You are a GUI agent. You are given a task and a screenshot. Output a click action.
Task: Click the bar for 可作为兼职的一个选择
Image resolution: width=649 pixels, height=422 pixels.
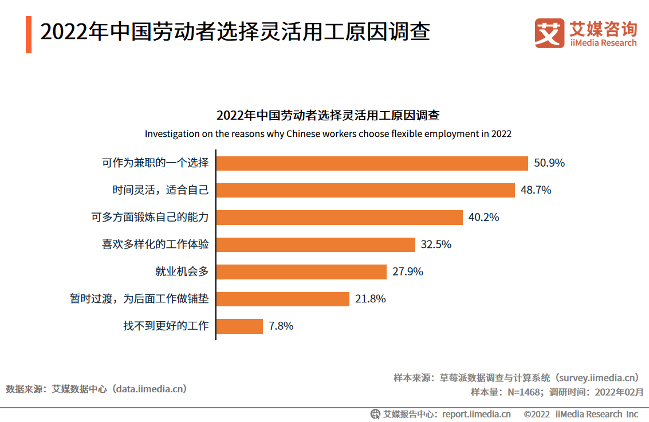pyautogui.click(x=372, y=163)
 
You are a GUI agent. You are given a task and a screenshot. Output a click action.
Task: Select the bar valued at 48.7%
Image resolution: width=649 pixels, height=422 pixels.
pyautogui.click(x=365, y=190)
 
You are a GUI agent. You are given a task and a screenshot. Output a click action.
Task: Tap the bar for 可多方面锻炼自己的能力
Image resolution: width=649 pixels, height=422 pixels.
pyautogui.click(x=339, y=218)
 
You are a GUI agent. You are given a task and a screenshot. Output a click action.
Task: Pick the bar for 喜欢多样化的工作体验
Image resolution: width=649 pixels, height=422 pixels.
pyautogui.click(x=316, y=244)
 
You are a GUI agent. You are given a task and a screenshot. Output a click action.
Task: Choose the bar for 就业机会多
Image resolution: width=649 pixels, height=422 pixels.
pyautogui.click(x=301, y=271)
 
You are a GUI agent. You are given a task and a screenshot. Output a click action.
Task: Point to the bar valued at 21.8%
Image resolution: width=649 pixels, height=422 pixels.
pyautogui.click(x=283, y=299)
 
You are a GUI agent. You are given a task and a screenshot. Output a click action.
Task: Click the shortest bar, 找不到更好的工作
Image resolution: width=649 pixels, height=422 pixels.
pyautogui.click(x=239, y=326)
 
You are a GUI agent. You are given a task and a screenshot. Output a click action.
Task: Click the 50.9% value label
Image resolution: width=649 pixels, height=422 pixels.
pyautogui.click(x=549, y=163)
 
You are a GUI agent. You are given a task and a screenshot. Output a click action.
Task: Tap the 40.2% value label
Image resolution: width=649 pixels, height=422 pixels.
pyautogui.click(x=484, y=218)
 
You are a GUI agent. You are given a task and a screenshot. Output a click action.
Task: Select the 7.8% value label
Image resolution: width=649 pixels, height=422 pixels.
pyautogui.click(x=281, y=326)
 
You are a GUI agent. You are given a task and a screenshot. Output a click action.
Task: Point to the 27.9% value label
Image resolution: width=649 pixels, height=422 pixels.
pyautogui.click(x=408, y=271)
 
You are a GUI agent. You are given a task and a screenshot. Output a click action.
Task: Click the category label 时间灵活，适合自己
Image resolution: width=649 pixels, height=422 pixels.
pyautogui.click(x=160, y=190)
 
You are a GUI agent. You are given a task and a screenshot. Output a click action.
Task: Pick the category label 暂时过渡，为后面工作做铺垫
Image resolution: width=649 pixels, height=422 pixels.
pyautogui.click(x=139, y=299)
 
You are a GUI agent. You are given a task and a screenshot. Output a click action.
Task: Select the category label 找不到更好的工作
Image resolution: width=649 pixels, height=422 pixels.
pyautogui.click(x=166, y=326)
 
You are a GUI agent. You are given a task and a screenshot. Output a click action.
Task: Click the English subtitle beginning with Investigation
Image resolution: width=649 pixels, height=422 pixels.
pyautogui.click(x=328, y=134)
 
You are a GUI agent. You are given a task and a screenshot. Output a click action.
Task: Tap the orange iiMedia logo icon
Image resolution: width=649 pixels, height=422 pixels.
pyautogui.click(x=549, y=33)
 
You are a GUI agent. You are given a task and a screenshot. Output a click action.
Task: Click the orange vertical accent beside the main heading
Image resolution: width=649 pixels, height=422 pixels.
pyautogui.click(x=29, y=34)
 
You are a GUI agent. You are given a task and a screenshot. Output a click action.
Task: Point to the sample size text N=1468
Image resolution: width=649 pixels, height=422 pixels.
pyautogui.click(x=524, y=392)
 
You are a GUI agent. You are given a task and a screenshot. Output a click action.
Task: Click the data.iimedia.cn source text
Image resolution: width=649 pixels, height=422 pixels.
pyautogui.click(x=150, y=389)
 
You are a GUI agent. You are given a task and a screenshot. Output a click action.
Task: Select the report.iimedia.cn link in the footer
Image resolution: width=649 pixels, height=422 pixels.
pyautogui.click(x=477, y=414)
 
